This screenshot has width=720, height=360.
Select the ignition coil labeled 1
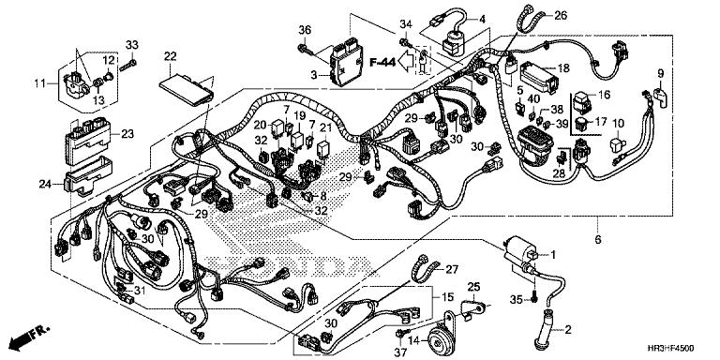[x=520, y=256]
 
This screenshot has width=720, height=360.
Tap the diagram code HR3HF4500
[x=676, y=348]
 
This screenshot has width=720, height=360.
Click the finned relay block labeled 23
[x=87, y=138]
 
